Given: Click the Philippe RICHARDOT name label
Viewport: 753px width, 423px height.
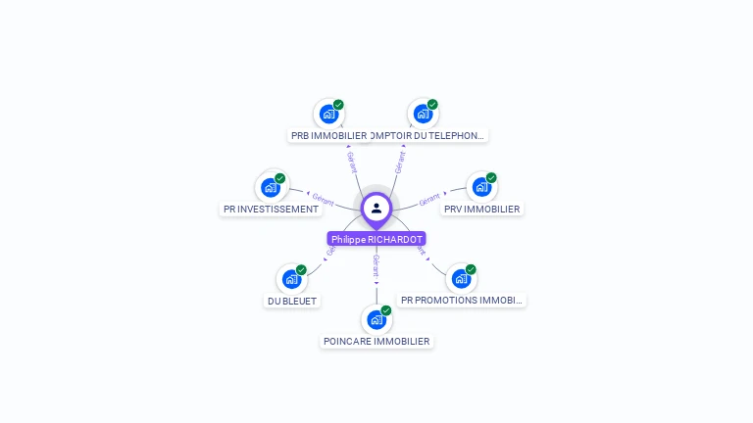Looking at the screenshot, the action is point(376,239).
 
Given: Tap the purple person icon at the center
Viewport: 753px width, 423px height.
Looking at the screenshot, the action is point(376,208).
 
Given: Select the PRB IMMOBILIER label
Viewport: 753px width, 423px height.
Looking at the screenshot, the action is point(328,135).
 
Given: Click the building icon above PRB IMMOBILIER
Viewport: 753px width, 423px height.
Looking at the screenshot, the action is point(328,114).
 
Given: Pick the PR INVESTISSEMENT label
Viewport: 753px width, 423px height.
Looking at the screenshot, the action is point(271,209).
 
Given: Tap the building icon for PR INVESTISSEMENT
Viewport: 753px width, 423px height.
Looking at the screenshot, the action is point(271,187).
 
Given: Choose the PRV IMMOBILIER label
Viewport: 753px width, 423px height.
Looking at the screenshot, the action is point(482,209).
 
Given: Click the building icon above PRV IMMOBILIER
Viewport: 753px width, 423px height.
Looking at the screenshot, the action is point(481,187).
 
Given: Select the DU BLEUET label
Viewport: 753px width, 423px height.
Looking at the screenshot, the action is point(292,301).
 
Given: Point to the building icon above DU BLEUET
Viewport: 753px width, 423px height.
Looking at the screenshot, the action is point(291,279).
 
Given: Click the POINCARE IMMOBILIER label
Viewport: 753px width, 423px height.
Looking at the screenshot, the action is point(376,341).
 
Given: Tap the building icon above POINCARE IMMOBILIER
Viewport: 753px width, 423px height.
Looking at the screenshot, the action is point(376,319).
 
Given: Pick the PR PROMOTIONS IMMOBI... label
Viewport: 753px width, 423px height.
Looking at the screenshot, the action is point(462,300).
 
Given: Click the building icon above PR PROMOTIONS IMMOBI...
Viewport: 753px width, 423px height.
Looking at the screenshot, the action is point(461,278).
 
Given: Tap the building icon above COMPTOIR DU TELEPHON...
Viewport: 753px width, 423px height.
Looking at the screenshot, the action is point(423,114).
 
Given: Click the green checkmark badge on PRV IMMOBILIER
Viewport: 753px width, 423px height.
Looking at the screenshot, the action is point(491,178).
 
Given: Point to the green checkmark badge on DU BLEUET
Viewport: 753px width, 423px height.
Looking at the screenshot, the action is point(301,270).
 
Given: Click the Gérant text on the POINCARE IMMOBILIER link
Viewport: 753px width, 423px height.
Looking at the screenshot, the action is point(376,264).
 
